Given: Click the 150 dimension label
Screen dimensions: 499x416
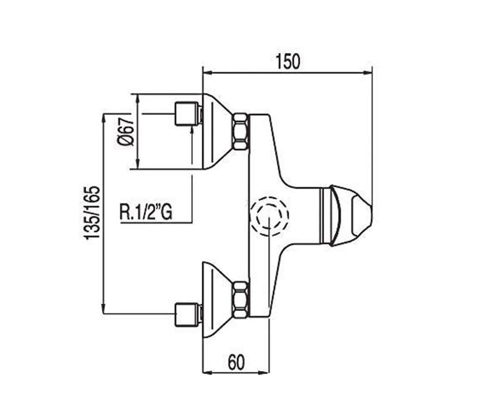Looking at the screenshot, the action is [x=288, y=62].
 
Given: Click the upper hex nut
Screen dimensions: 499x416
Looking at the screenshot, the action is [x=241, y=132].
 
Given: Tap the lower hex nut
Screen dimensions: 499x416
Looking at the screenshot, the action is [x=241, y=300].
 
